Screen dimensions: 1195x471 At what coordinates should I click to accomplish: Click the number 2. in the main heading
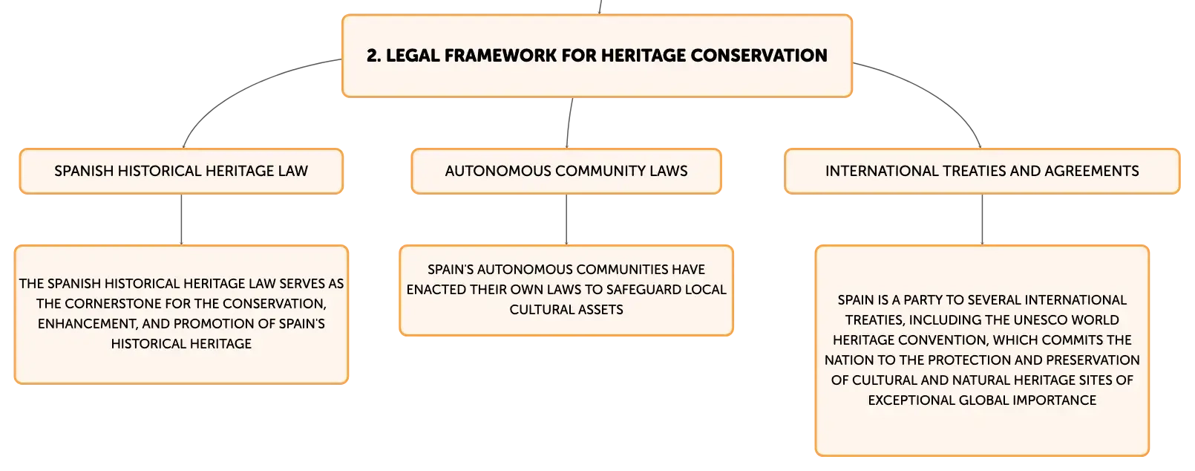[x=373, y=56]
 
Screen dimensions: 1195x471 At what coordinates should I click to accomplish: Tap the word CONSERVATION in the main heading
[x=759, y=56]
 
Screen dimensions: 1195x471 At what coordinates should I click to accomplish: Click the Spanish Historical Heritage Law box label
[x=181, y=171]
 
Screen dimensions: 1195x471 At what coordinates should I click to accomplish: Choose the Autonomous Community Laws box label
[x=566, y=171]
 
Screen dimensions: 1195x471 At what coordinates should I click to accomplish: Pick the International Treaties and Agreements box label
[x=981, y=171]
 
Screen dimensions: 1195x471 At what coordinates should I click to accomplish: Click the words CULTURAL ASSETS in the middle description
[x=566, y=310]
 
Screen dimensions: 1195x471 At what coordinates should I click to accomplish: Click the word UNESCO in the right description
[x=1038, y=320]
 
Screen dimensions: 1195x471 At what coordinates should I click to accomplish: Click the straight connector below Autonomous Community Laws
[x=566, y=219]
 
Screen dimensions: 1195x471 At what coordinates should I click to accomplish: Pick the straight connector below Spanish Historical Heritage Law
[x=181, y=219]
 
